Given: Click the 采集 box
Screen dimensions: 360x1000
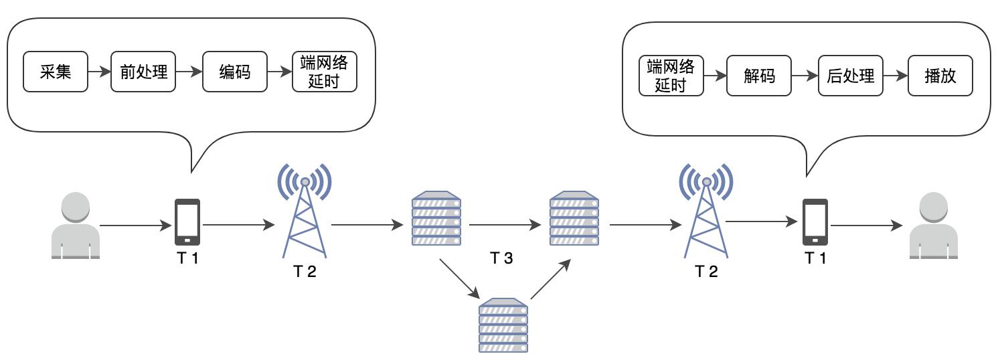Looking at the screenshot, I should pos(56,72).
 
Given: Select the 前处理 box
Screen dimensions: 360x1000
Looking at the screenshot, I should pos(143,72).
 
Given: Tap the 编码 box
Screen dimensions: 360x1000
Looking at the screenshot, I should pos(235,72).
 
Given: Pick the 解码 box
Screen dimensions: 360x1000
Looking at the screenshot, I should pos(759,76).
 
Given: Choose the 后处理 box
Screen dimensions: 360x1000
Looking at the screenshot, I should pos(850,76).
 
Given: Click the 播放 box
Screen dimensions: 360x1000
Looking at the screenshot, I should pos(940,76).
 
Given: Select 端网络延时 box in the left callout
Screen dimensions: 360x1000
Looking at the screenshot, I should pos(325,72).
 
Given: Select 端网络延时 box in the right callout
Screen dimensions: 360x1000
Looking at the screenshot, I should pos(671,76).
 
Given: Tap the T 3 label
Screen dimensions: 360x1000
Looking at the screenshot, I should pos(501,258).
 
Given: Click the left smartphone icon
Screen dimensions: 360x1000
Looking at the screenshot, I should pos(187,222).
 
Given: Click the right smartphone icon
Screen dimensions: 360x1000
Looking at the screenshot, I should pos(815,222).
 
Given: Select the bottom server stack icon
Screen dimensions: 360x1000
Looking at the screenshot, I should pos(503,325).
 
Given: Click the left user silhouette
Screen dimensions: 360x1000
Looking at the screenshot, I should pos(76,226).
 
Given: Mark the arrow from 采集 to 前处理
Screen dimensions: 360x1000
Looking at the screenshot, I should pos(99,72).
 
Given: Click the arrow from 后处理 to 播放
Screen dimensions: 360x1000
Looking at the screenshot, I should pos(895,76).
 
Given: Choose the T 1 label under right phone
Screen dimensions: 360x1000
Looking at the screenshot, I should pos(815,259).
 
